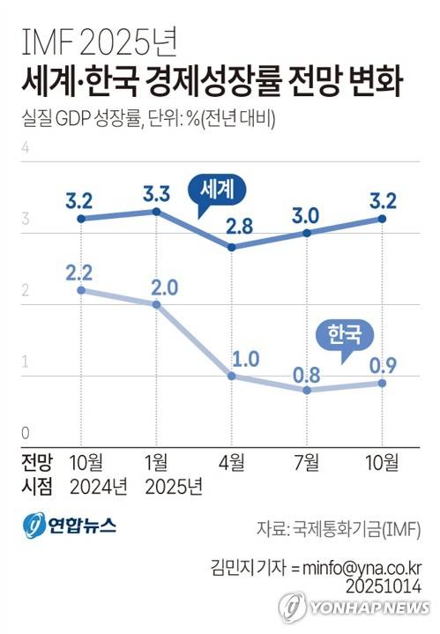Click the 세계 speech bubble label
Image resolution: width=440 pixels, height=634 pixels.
coord(217,189)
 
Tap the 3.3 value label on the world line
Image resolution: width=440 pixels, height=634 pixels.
coord(156,190)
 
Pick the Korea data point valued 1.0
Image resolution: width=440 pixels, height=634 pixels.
coord(231,376)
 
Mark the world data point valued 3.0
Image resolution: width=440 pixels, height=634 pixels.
coord(306,233)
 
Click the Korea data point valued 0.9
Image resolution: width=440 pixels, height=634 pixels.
coord(382,383)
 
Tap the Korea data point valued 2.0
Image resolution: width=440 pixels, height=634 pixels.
coord(156,304)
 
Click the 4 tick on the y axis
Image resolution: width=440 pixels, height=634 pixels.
coord(26,147)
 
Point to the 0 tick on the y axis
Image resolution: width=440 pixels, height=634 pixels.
coord(26,434)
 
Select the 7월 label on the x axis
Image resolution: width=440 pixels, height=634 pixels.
coord(306,461)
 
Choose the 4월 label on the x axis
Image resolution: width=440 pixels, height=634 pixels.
coord(231,461)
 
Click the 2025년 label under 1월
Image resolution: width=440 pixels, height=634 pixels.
coord(171,486)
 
